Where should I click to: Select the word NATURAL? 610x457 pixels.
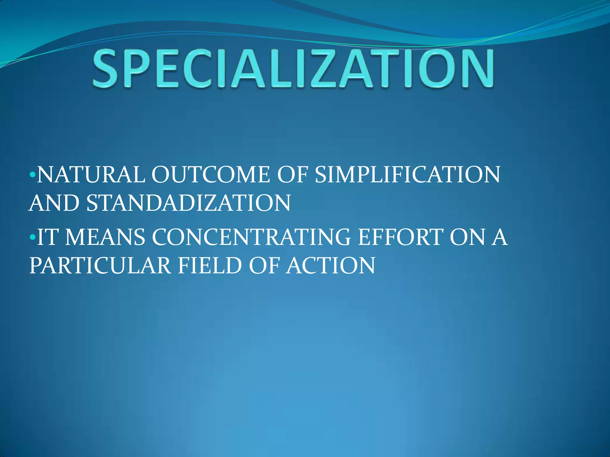point(91,175)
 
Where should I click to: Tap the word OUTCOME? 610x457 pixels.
point(211,175)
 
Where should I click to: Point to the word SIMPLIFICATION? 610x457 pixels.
point(407,175)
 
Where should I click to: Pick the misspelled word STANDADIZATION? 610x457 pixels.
point(188,203)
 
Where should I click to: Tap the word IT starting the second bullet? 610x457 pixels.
point(47,237)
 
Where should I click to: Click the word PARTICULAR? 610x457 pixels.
point(100,265)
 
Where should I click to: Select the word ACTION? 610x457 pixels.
point(331,265)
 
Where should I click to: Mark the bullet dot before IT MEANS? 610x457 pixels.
point(33,237)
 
